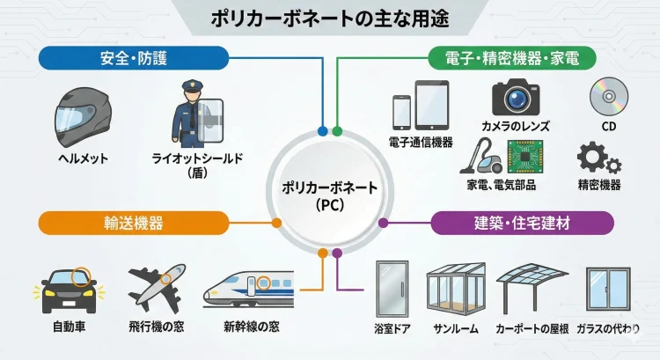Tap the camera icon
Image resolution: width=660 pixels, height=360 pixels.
515,98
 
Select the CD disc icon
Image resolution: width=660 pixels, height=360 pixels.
608,96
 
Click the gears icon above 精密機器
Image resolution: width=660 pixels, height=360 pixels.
599,158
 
